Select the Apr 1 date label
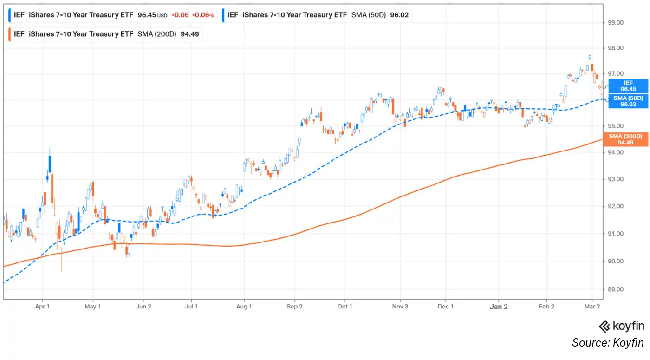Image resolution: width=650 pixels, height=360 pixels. point(42,307)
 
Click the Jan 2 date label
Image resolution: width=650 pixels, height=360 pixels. point(499,307)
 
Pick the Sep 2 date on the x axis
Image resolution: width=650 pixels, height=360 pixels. point(294,307)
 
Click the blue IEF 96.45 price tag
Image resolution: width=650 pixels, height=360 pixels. point(628,86)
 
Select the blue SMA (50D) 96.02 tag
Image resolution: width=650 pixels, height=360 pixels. point(628,101)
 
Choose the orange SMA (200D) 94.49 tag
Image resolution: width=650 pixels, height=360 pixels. point(628,139)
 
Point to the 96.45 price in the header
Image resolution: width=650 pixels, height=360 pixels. point(147,15)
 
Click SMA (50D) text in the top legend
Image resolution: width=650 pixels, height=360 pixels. point(369,15)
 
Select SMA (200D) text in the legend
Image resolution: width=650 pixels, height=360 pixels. point(157,34)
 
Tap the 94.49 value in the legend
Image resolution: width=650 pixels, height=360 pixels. point(190,34)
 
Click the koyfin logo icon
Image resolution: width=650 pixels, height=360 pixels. point(604,326)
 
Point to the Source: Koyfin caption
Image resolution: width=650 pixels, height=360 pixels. point(608,343)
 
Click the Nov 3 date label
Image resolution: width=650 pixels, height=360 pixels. point(400,307)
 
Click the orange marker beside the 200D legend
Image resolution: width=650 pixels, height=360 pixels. point(9,34)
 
